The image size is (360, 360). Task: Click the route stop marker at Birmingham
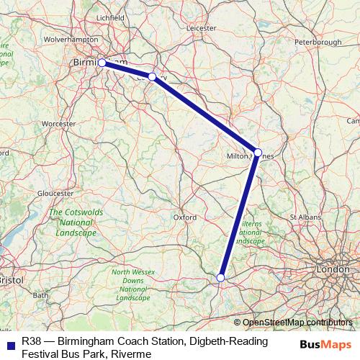point(102,63)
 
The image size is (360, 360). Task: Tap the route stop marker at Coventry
point(153,76)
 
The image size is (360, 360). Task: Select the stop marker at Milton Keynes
point(258,152)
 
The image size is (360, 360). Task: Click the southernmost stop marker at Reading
point(221,277)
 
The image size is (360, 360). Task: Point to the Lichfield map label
point(111,17)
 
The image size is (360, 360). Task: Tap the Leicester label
point(201,30)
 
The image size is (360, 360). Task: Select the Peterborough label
point(318,42)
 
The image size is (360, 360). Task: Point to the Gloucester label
point(55,193)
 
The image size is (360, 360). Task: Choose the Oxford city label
point(185,216)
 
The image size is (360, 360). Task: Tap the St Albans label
point(304,216)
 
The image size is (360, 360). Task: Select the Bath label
point(40,295)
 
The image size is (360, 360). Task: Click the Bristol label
point(11,279)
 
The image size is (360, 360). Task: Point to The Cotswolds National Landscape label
point(73,223)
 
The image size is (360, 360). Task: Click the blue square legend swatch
point(11,344)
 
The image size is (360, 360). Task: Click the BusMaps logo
point(320,344)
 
